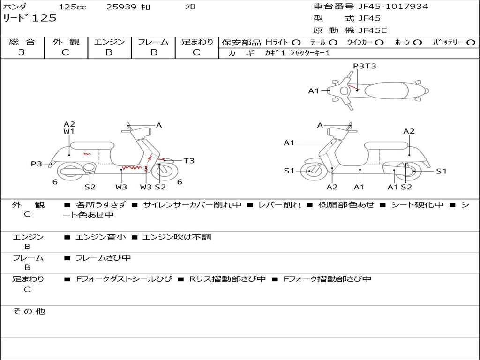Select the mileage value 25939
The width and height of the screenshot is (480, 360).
pyautogui.click(x=121, y=7)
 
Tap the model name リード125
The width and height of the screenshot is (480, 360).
pyautogui.click(x=30, y=18)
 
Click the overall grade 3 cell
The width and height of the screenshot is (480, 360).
pyautogui.click(x=22, y=52)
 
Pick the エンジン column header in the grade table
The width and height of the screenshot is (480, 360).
pyautogui.click(x=109, y=42)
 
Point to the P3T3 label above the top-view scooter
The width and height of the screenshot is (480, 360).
pyautogui.click(x=364, y=66)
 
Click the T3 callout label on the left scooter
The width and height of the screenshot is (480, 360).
pyautogui.click(x=188, y=161)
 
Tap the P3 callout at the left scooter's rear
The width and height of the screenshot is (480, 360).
pyautogui.click(x=37, y=164)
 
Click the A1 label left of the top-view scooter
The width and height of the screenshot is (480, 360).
pyautogui.click(x=313, y=91)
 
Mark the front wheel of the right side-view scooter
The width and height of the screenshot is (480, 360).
pyautogui.click(x=310, y=171)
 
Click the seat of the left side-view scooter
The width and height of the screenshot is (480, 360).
pyautogui.click(x=92, y=145)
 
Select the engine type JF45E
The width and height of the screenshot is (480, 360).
pyautogui.click(x=373, y=30)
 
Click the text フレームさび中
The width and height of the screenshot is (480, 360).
pyautogui.click(x=103, y=258)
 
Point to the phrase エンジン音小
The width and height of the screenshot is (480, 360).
pyautogui.click(x=100, y=237)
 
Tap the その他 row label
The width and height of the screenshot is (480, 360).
pyautogui.click(x=29, y=311)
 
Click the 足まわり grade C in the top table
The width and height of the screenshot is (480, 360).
pyautogui.click(x=196, y=52)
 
